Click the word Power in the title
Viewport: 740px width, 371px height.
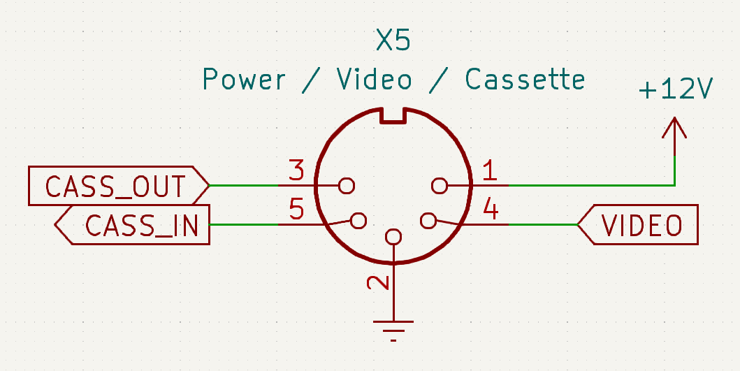tap(244, 80)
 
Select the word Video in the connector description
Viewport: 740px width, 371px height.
tap(375, 80)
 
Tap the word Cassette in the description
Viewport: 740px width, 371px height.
tap(525, 80)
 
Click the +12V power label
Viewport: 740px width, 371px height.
tap(675, 89)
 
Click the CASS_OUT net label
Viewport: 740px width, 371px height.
tap(116, 187)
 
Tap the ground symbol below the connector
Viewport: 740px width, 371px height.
tap(394, 328)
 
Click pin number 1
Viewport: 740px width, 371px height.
tap(490, 169)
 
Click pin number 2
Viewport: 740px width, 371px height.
tap(378, 282)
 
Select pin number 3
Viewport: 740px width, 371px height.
tap(296, 169)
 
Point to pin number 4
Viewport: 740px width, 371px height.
tap(491, 210)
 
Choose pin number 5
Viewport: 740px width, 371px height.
tap(296, 210)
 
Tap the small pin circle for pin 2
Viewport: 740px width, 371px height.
tap(394, 237)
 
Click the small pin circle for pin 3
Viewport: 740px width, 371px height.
tap(346, 186)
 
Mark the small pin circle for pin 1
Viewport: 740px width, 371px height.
tap(440, 186)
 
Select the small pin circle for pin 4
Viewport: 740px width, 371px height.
tap(428, 221)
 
